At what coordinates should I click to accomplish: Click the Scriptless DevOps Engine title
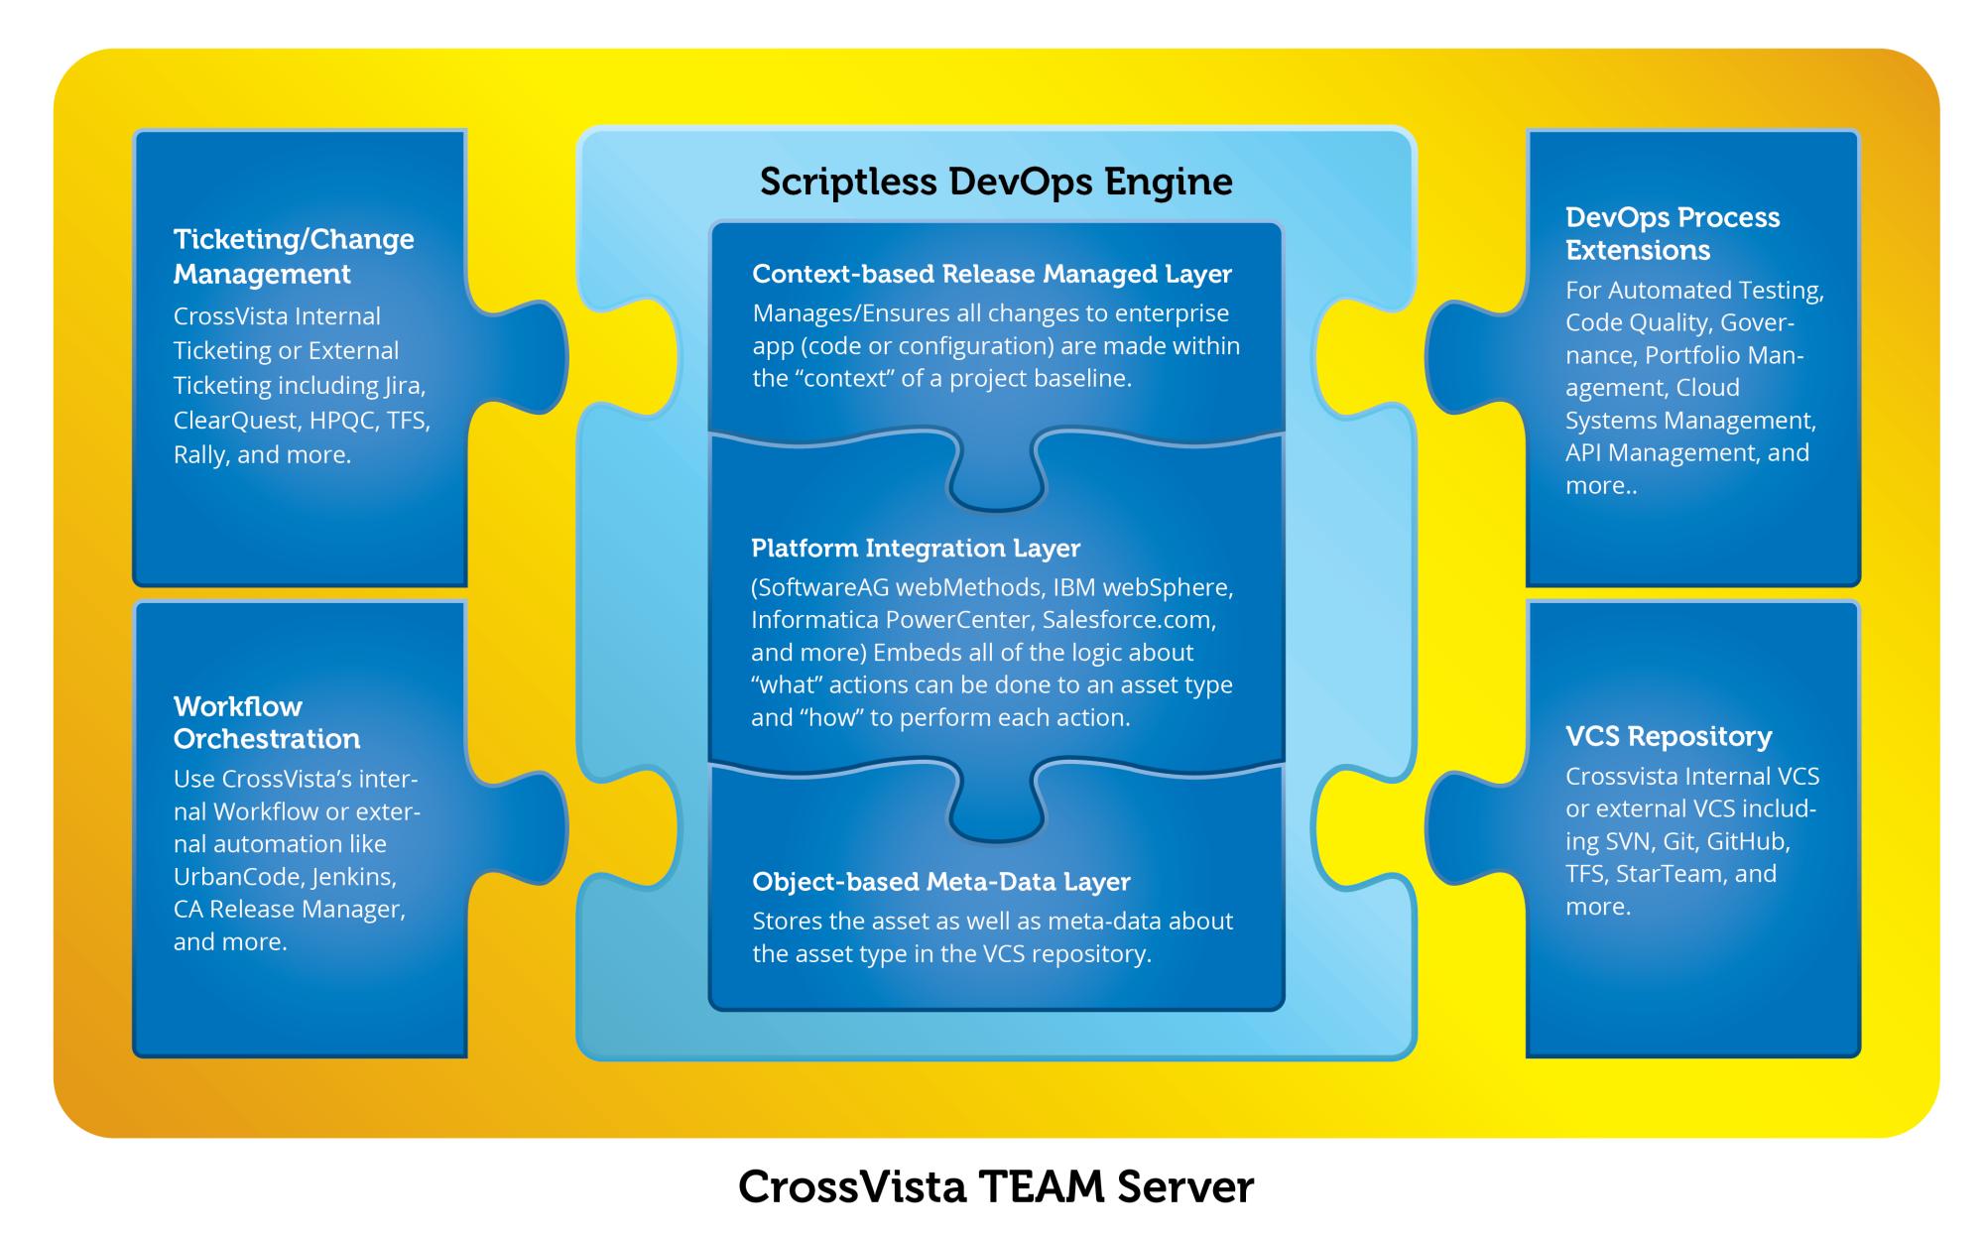tap(996, 183)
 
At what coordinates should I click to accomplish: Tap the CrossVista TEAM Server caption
tap(996, 1186)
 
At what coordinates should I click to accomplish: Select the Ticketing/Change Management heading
tap(294, 256)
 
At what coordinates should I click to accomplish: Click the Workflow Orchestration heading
tap(267, 722)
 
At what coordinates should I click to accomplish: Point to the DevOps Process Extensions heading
tap(1673, 233)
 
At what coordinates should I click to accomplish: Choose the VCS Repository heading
tap(1669, 736)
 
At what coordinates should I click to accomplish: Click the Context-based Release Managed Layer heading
tap(992, 274)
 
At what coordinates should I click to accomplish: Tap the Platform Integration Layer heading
tap(916, 548)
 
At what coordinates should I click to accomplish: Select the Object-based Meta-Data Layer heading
tap(941, 881)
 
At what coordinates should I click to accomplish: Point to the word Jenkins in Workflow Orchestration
tap(354, 877)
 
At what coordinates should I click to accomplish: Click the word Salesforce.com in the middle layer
tap(1129, 620)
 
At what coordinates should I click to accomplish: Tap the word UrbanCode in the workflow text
tap(238, 877)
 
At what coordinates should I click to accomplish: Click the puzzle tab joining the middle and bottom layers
tap(996, 801)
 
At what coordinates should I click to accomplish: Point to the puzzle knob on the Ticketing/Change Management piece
tap(520, 357)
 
